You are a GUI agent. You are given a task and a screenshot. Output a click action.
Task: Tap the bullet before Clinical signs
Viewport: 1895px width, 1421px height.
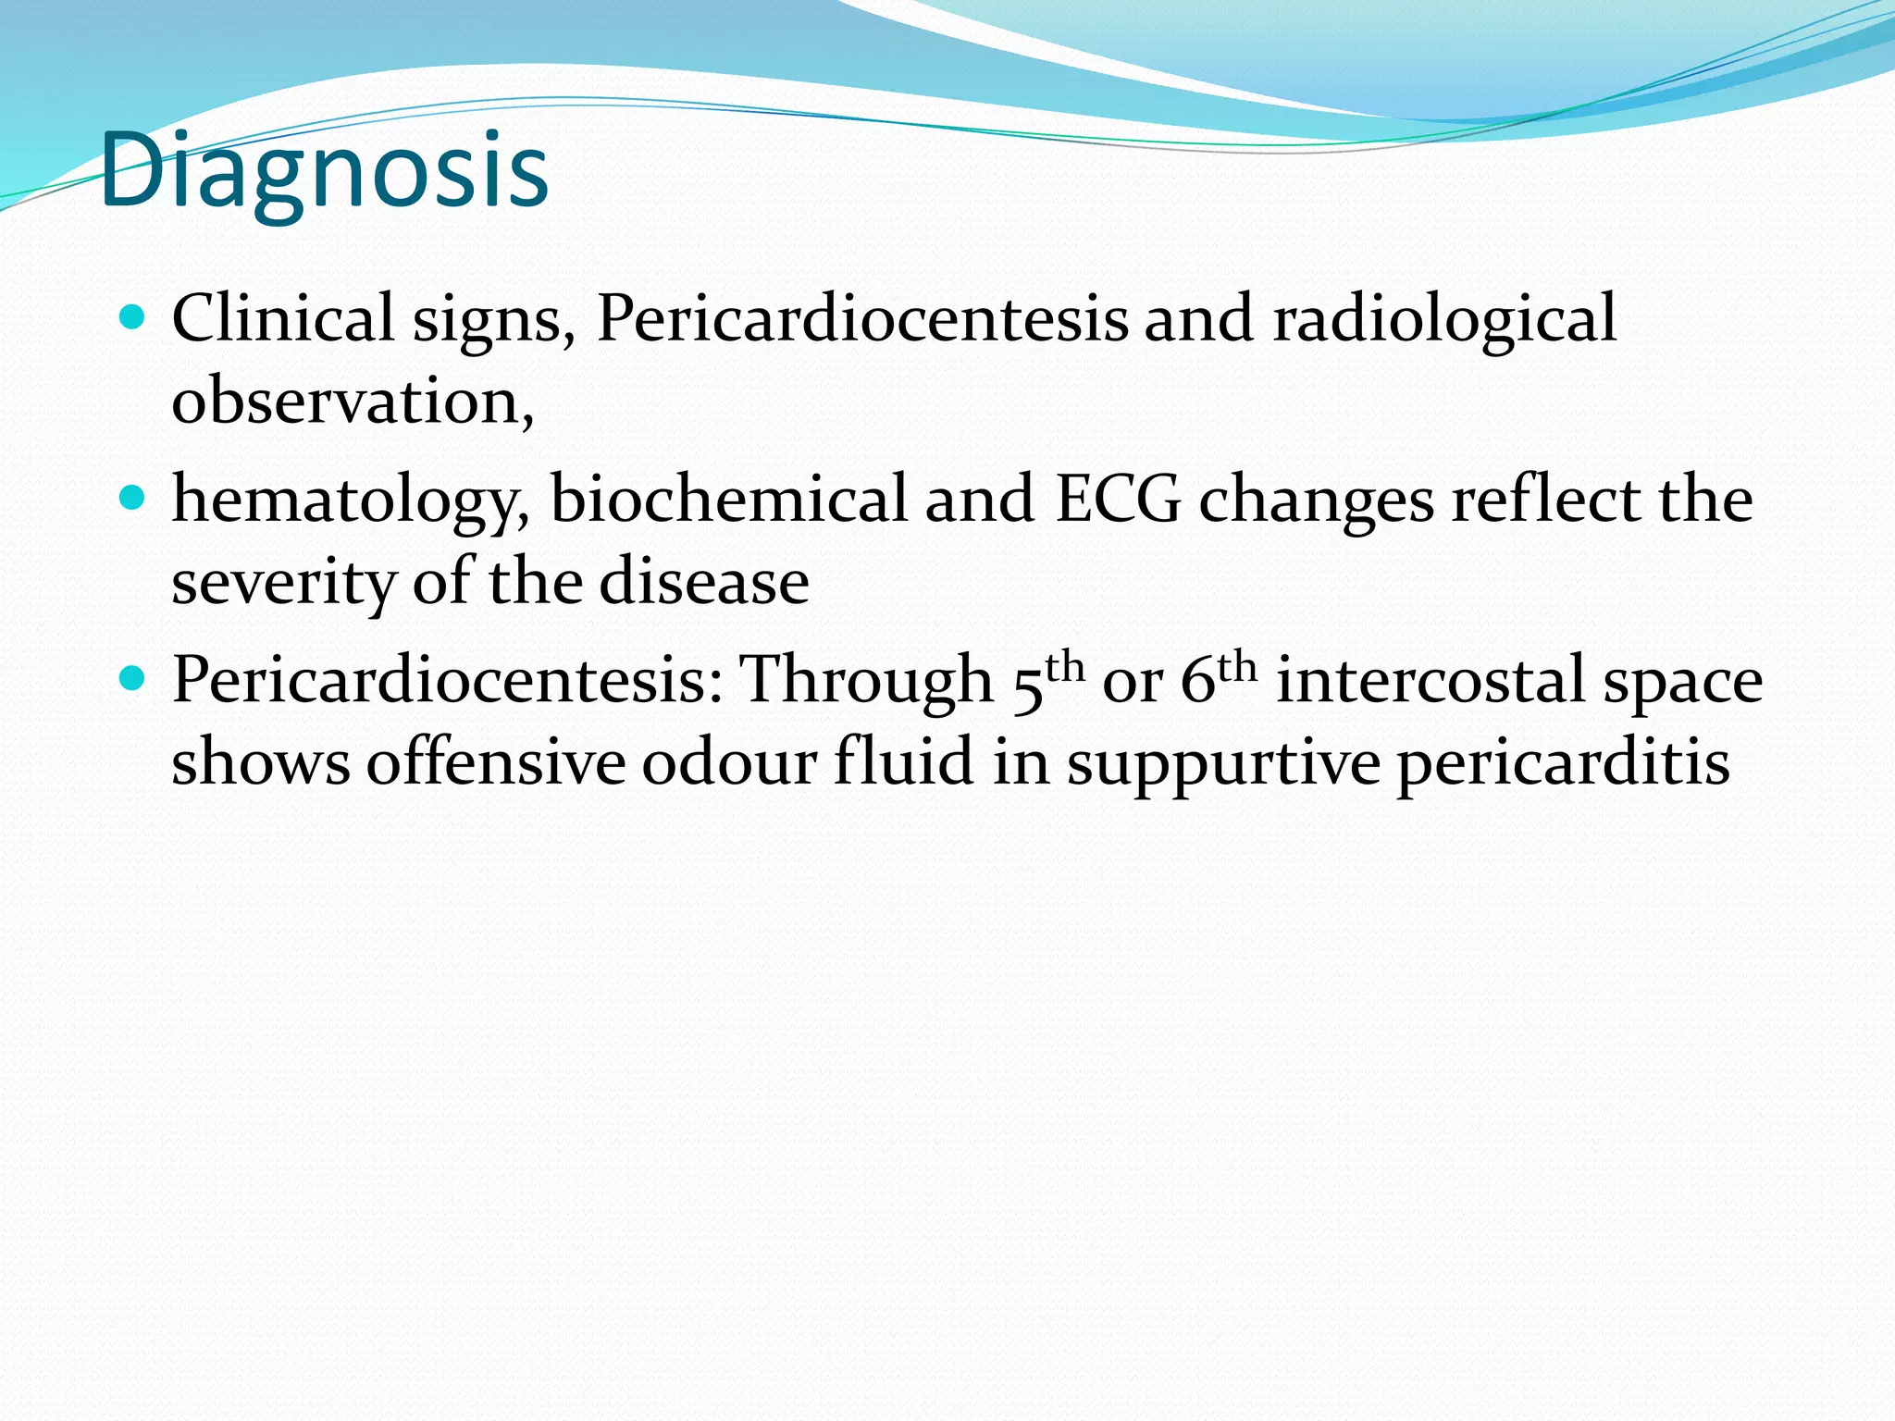coord(133,318)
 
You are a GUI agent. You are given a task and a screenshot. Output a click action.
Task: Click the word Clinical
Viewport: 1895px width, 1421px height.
coord(283,318)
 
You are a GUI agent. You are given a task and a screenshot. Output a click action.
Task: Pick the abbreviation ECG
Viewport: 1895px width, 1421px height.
coord(1118,500)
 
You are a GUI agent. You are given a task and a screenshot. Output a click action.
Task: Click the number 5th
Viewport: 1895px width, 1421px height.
coord(1046,680)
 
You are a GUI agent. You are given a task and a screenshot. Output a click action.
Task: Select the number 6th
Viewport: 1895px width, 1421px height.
coord(1218,680)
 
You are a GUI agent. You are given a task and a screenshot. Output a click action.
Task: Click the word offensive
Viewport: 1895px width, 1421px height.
coord(495,762)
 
